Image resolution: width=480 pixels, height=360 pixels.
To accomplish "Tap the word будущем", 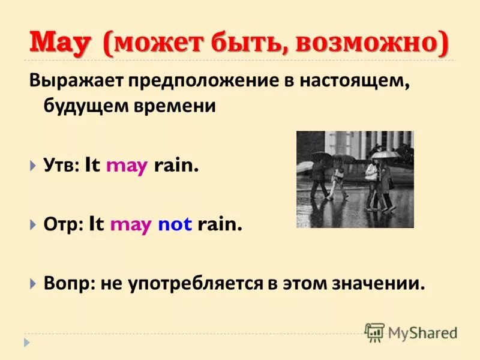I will click(88, 107).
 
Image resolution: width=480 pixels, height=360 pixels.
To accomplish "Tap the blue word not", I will click(175, 225).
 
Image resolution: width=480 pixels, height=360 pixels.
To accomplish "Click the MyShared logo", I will click(411, 332).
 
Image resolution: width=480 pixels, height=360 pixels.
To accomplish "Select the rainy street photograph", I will click(355, 179).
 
